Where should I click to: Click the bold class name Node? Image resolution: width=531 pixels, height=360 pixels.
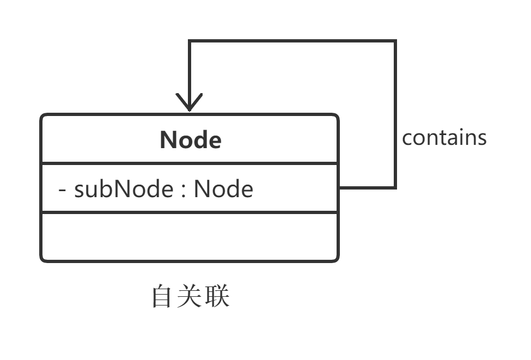[x=191, y=140]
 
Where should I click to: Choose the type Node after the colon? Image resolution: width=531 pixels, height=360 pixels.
[x=223, y=189]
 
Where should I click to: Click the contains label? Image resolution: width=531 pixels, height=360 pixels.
[x=444, y=137]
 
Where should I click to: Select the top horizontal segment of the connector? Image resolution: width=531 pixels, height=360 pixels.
[x=291, y=41]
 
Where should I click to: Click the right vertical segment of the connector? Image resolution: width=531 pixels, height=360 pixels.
[x=395, y=114]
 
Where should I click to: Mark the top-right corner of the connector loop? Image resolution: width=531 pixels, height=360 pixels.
[x=395, y=41]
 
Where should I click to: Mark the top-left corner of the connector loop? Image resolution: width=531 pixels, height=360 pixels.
[x=189, y=41]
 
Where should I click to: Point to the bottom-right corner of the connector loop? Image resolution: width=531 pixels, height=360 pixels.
[x=395, y=188]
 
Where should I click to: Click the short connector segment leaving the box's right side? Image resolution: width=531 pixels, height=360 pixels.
[x=366, y=188]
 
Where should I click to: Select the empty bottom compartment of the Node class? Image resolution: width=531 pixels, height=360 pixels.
[x=190, y=237]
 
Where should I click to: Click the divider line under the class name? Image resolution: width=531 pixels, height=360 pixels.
[x=190, y=163]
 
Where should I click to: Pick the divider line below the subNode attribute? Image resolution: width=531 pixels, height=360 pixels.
[x=190, y=212]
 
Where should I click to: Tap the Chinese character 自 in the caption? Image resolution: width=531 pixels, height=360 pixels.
[x=162, y=297]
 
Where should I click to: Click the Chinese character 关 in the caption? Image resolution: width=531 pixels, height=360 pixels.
[x=190, y=297]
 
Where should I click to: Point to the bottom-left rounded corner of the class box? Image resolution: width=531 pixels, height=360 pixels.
[x=44, y=259]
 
